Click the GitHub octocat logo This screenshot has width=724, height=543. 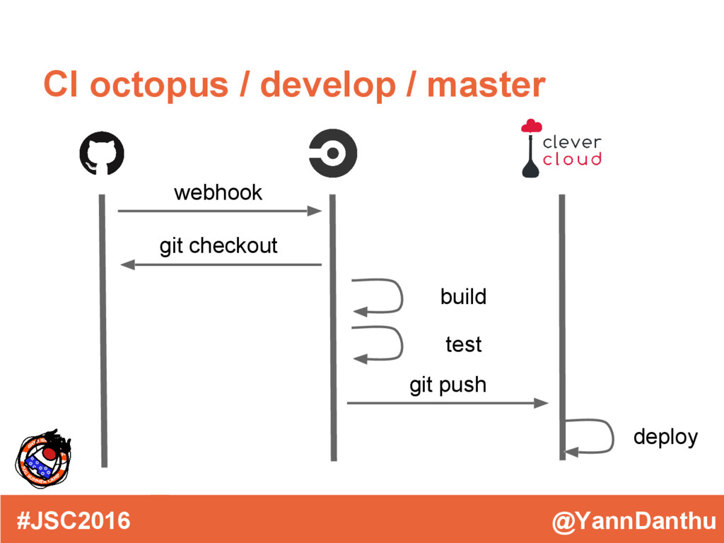click(x=102, y=154)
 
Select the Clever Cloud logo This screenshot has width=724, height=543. click(x=561, y=148)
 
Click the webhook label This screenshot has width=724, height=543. click(x=218, y=192)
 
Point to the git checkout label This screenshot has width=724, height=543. click(x=218, y=246)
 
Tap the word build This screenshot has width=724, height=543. click(x=463, y=296)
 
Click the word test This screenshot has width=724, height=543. click(x=463, y=344)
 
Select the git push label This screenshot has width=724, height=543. click(x=448, y=385)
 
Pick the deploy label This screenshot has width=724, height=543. click(x=665, y=437)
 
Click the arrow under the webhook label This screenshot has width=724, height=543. click(x=219, y=211)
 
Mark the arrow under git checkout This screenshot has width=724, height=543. click(x=221, y=265)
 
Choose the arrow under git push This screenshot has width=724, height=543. click(x=447, y=403)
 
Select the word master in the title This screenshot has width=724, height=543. click(x=486, y=85)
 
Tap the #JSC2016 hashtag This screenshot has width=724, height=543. click(x=74, y=521)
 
